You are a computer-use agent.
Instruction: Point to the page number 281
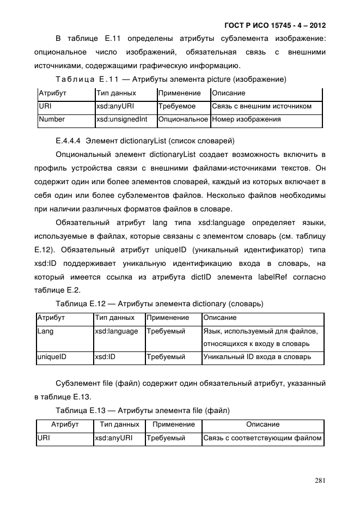pos(320,480)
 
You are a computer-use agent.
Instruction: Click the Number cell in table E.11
pos(52,119)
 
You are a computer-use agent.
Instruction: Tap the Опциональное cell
pos(183,119)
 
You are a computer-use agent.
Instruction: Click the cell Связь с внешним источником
pos(262,106)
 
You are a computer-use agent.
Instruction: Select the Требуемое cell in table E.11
pos(177,106)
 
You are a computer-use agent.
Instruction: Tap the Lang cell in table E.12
pos(45,331)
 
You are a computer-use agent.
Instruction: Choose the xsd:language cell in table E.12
pos(117,331)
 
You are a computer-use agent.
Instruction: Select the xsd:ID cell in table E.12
pos(105,357)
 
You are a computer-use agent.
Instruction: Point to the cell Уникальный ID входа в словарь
pos(257,357)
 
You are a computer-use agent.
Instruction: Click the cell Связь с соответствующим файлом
pos(263,438)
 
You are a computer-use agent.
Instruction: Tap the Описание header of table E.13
pos(263,424)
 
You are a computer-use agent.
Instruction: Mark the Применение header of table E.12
pos(168,318)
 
